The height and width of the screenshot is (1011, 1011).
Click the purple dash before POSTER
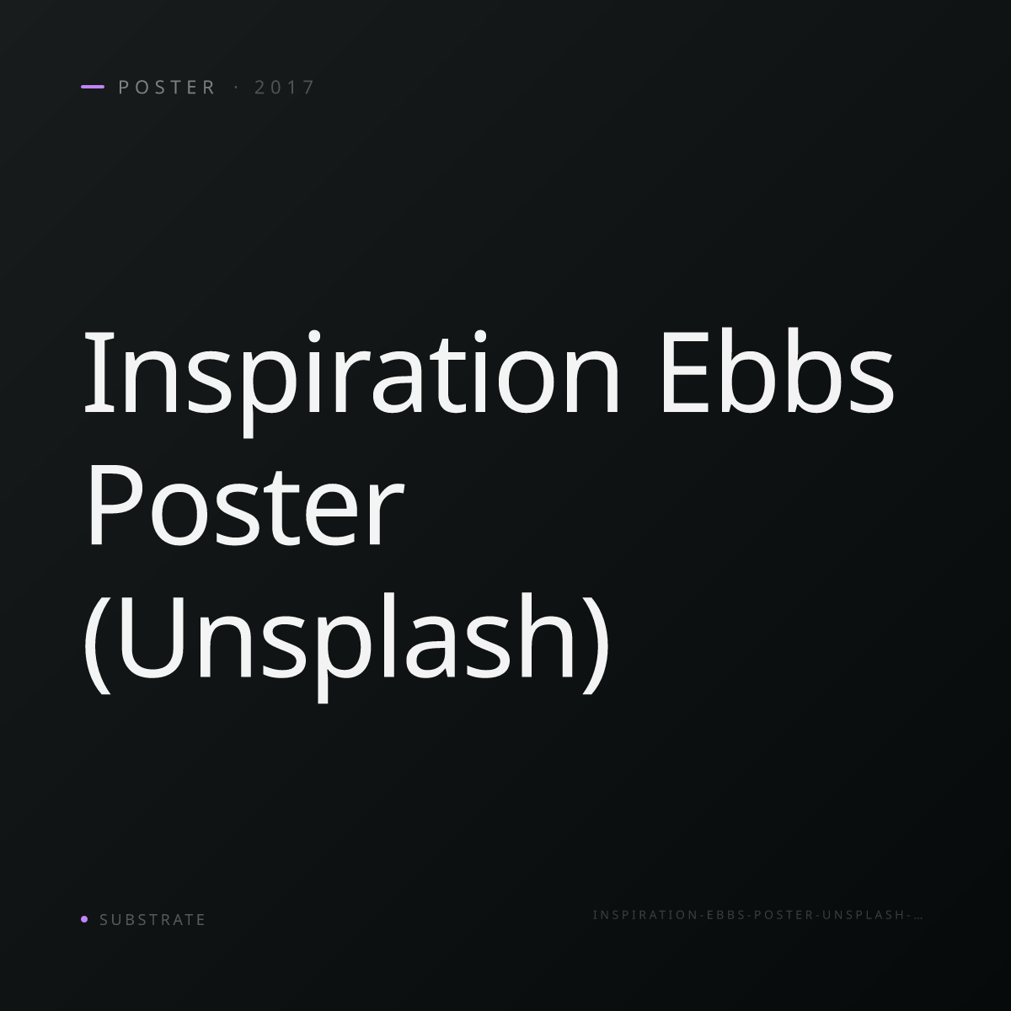pyautogui.click(x=93, y=87)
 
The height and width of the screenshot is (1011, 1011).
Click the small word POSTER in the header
pyautogui.click(x=167, y=87)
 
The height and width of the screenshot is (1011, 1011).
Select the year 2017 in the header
pyautogui.click(x=285, y=87)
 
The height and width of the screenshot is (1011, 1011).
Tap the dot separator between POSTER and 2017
pyautogui.click(x=236, y=87)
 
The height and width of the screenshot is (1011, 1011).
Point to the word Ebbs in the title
pyautogui.click(x=777, y=372)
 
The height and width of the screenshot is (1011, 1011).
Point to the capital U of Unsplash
pyautogui.click(x=152, y=639)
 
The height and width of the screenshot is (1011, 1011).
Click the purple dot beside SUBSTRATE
pyautogui.click(x=84, y=918)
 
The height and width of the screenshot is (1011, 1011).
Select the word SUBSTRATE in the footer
pyautogui.click(x=152, y=920)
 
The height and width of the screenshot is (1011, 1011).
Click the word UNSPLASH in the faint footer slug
pyautogui.click(x=863, y=915)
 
